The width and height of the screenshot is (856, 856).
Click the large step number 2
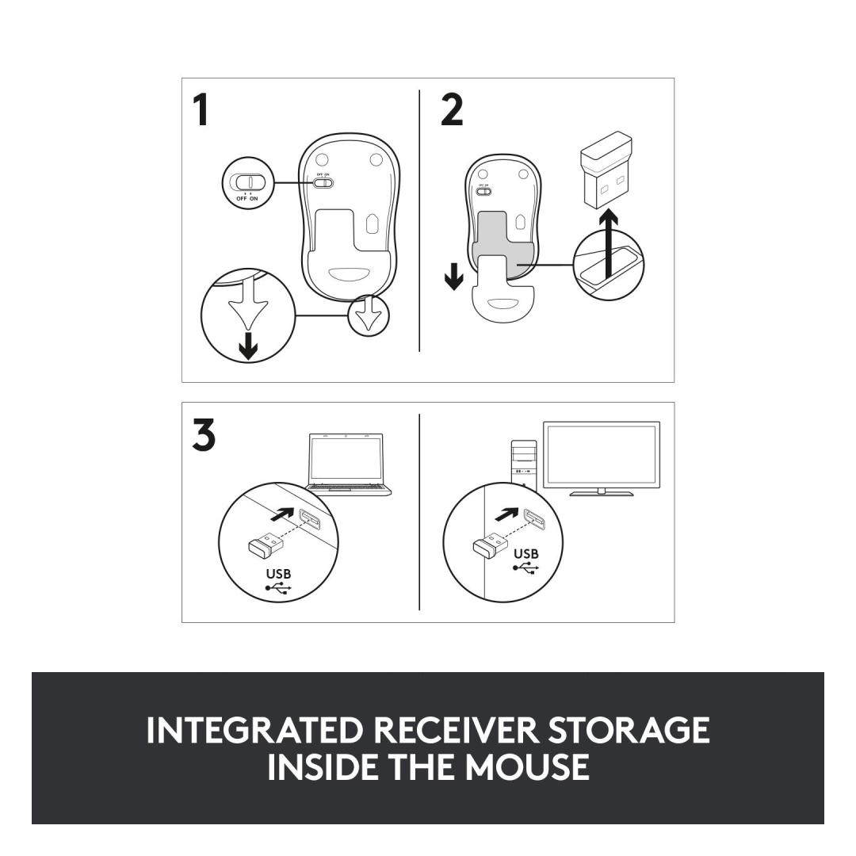(452, 109)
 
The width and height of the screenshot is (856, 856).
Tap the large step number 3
(204, 435)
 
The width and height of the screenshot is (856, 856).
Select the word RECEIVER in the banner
(457, 730)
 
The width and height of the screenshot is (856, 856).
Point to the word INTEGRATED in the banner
(255, 730)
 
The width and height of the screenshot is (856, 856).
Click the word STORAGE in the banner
(629, 730)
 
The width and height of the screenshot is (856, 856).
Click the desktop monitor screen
(602, 456)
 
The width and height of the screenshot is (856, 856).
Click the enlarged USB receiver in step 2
(606, 169)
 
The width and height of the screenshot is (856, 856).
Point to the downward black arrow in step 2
(453, 277)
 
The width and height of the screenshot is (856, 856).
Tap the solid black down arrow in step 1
(248, 346)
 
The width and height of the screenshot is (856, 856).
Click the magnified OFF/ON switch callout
(248, 182)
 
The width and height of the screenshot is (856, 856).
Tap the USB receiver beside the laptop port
(266, 545)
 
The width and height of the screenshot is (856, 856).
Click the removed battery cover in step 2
(501, 296)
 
